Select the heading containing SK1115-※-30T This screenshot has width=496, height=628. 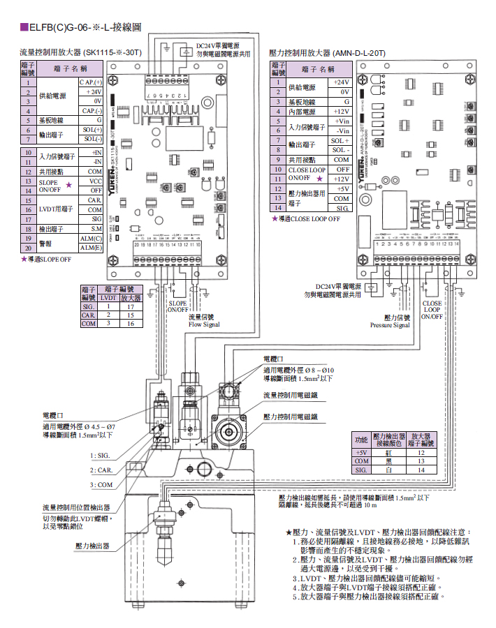tap(81, 52)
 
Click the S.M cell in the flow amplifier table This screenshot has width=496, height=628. tap(96, 228)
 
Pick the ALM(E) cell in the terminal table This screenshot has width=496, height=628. tap(92, 248)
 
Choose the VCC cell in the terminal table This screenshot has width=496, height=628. tap(96, 181)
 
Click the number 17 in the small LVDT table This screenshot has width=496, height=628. tap(130, 306)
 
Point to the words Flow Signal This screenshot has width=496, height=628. tap(204, 324)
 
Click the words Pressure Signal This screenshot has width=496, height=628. tap(390, 325)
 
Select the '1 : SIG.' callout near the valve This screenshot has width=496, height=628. tap(102, 455)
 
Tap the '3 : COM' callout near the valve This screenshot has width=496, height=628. tap(102, 484)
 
